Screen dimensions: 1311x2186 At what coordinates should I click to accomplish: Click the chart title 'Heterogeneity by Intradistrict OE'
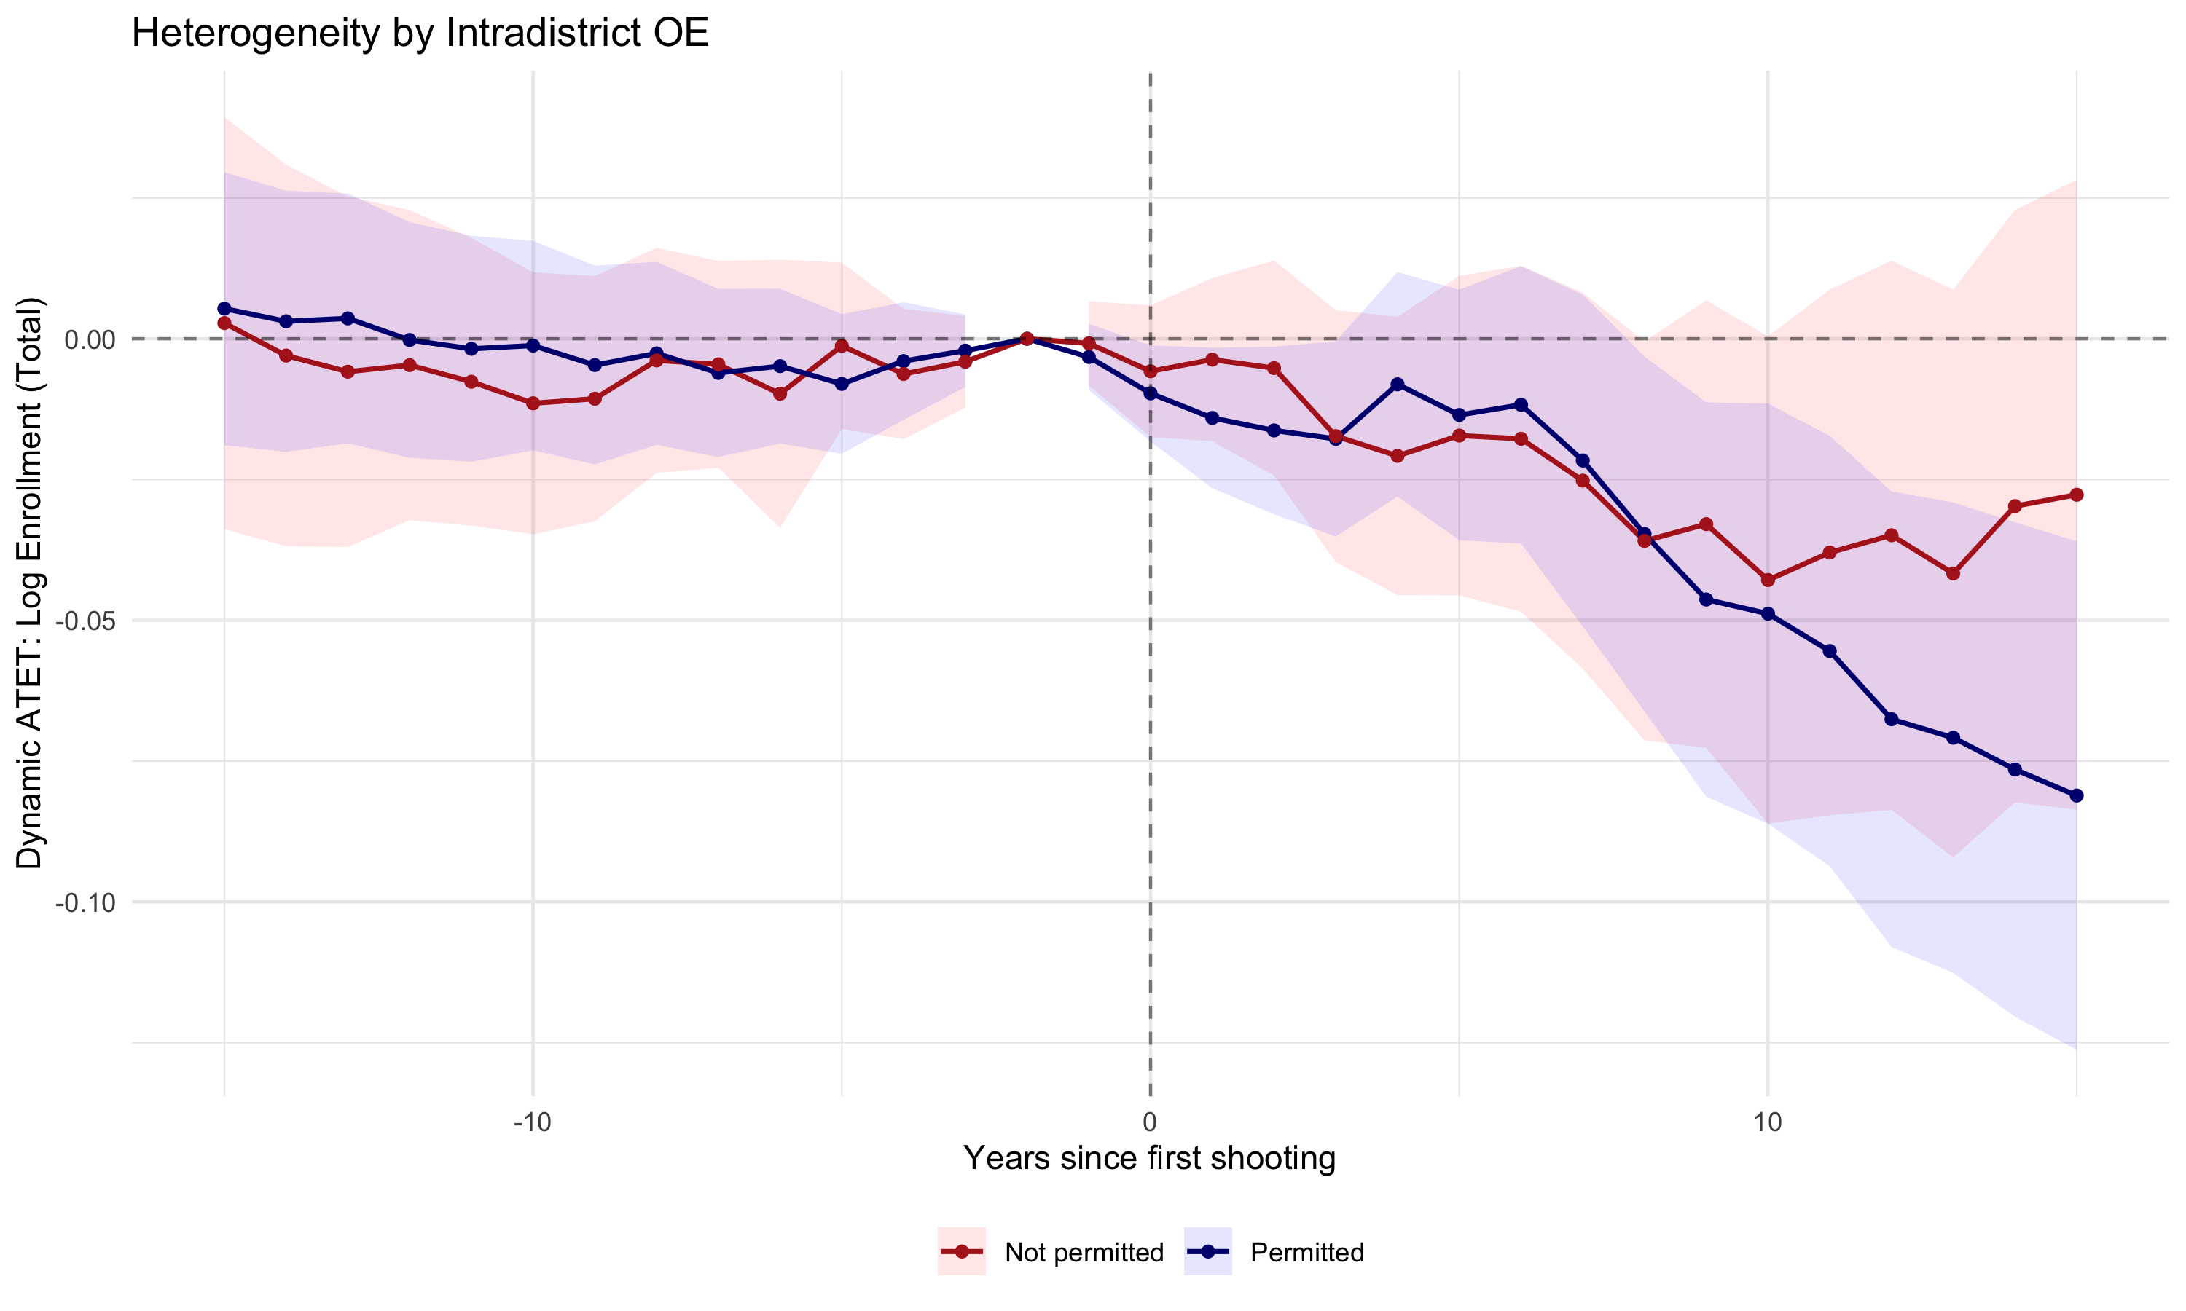point(420,34)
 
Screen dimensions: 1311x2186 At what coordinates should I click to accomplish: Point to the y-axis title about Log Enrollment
point(30,583)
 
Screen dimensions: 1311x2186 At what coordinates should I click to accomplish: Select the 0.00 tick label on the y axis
point(90,339)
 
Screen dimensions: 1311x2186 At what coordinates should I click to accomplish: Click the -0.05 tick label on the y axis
point(87,621)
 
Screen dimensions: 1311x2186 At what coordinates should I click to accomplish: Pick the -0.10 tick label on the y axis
point(87,903)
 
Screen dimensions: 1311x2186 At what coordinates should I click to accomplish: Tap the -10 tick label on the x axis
point(532,1123)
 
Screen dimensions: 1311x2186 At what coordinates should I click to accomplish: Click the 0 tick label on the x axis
point(1150,1123)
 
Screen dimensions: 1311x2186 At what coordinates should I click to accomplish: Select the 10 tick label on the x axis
point(1767,1123)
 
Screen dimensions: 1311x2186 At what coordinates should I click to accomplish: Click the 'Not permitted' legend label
point(1084,1253)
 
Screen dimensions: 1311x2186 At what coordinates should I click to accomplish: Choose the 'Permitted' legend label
point(1306,1253)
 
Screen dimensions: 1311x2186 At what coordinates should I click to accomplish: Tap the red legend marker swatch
point(961,1252)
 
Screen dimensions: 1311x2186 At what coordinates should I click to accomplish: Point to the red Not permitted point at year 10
point(1768,580)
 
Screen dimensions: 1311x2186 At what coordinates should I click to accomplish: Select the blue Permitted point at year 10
point(1768,614)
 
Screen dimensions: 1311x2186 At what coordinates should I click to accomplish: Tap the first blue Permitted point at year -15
point(224,308)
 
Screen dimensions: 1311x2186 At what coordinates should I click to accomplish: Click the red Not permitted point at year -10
point(533,403)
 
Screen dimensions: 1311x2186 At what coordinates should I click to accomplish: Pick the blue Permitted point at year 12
point(1892,719)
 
